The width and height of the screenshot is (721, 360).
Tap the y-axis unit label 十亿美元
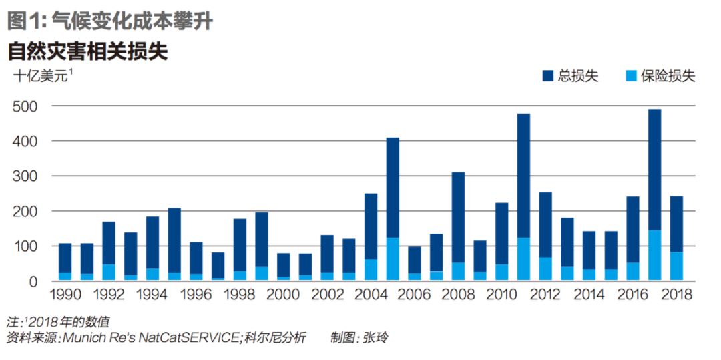tap(41, 77)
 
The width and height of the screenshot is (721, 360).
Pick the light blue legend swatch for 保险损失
tap(630, 76)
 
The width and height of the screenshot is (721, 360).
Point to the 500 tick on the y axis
tap(26, 106)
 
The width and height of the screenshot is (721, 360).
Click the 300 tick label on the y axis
tap(26, 176)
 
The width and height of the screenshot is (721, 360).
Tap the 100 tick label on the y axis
tap(26, 246)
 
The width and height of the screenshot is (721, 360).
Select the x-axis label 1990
tap(65, 295)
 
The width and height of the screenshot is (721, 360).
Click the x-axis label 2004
tap(371, 295)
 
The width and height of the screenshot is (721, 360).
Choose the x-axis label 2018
tap(676, 295)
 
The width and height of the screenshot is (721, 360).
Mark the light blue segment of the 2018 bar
tap(676, 266)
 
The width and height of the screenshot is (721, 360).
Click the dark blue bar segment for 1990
tap(65, 258)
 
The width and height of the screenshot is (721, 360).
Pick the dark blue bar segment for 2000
tap(283, 264)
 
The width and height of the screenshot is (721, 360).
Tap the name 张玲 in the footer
tap(375, 338)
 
